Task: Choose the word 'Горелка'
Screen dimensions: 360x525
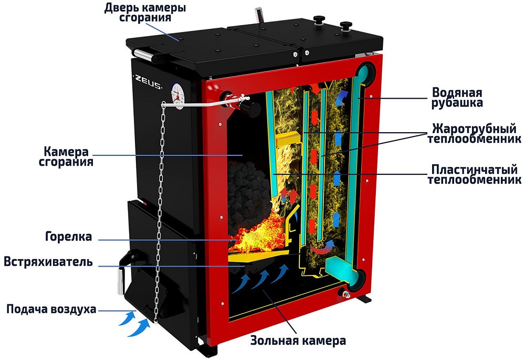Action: point(68,237)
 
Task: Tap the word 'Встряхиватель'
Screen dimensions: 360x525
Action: point(49,261)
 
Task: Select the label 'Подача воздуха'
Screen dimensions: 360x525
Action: point(51,309)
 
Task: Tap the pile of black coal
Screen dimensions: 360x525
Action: point(247,181)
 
